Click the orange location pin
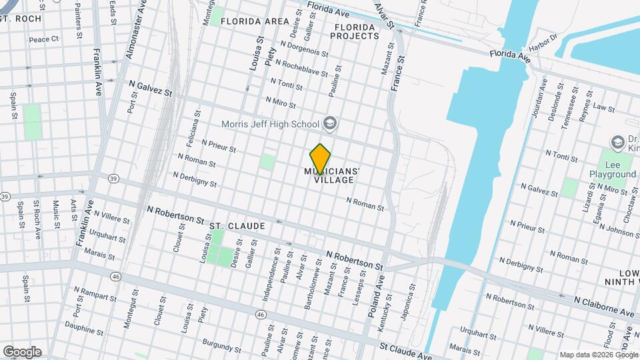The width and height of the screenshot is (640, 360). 321,158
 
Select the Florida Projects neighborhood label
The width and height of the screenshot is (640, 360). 354,31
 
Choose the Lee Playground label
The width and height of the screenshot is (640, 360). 612,169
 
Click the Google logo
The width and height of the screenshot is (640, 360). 22,352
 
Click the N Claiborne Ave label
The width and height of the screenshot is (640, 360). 604,307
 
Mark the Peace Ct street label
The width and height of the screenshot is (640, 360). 44,39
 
